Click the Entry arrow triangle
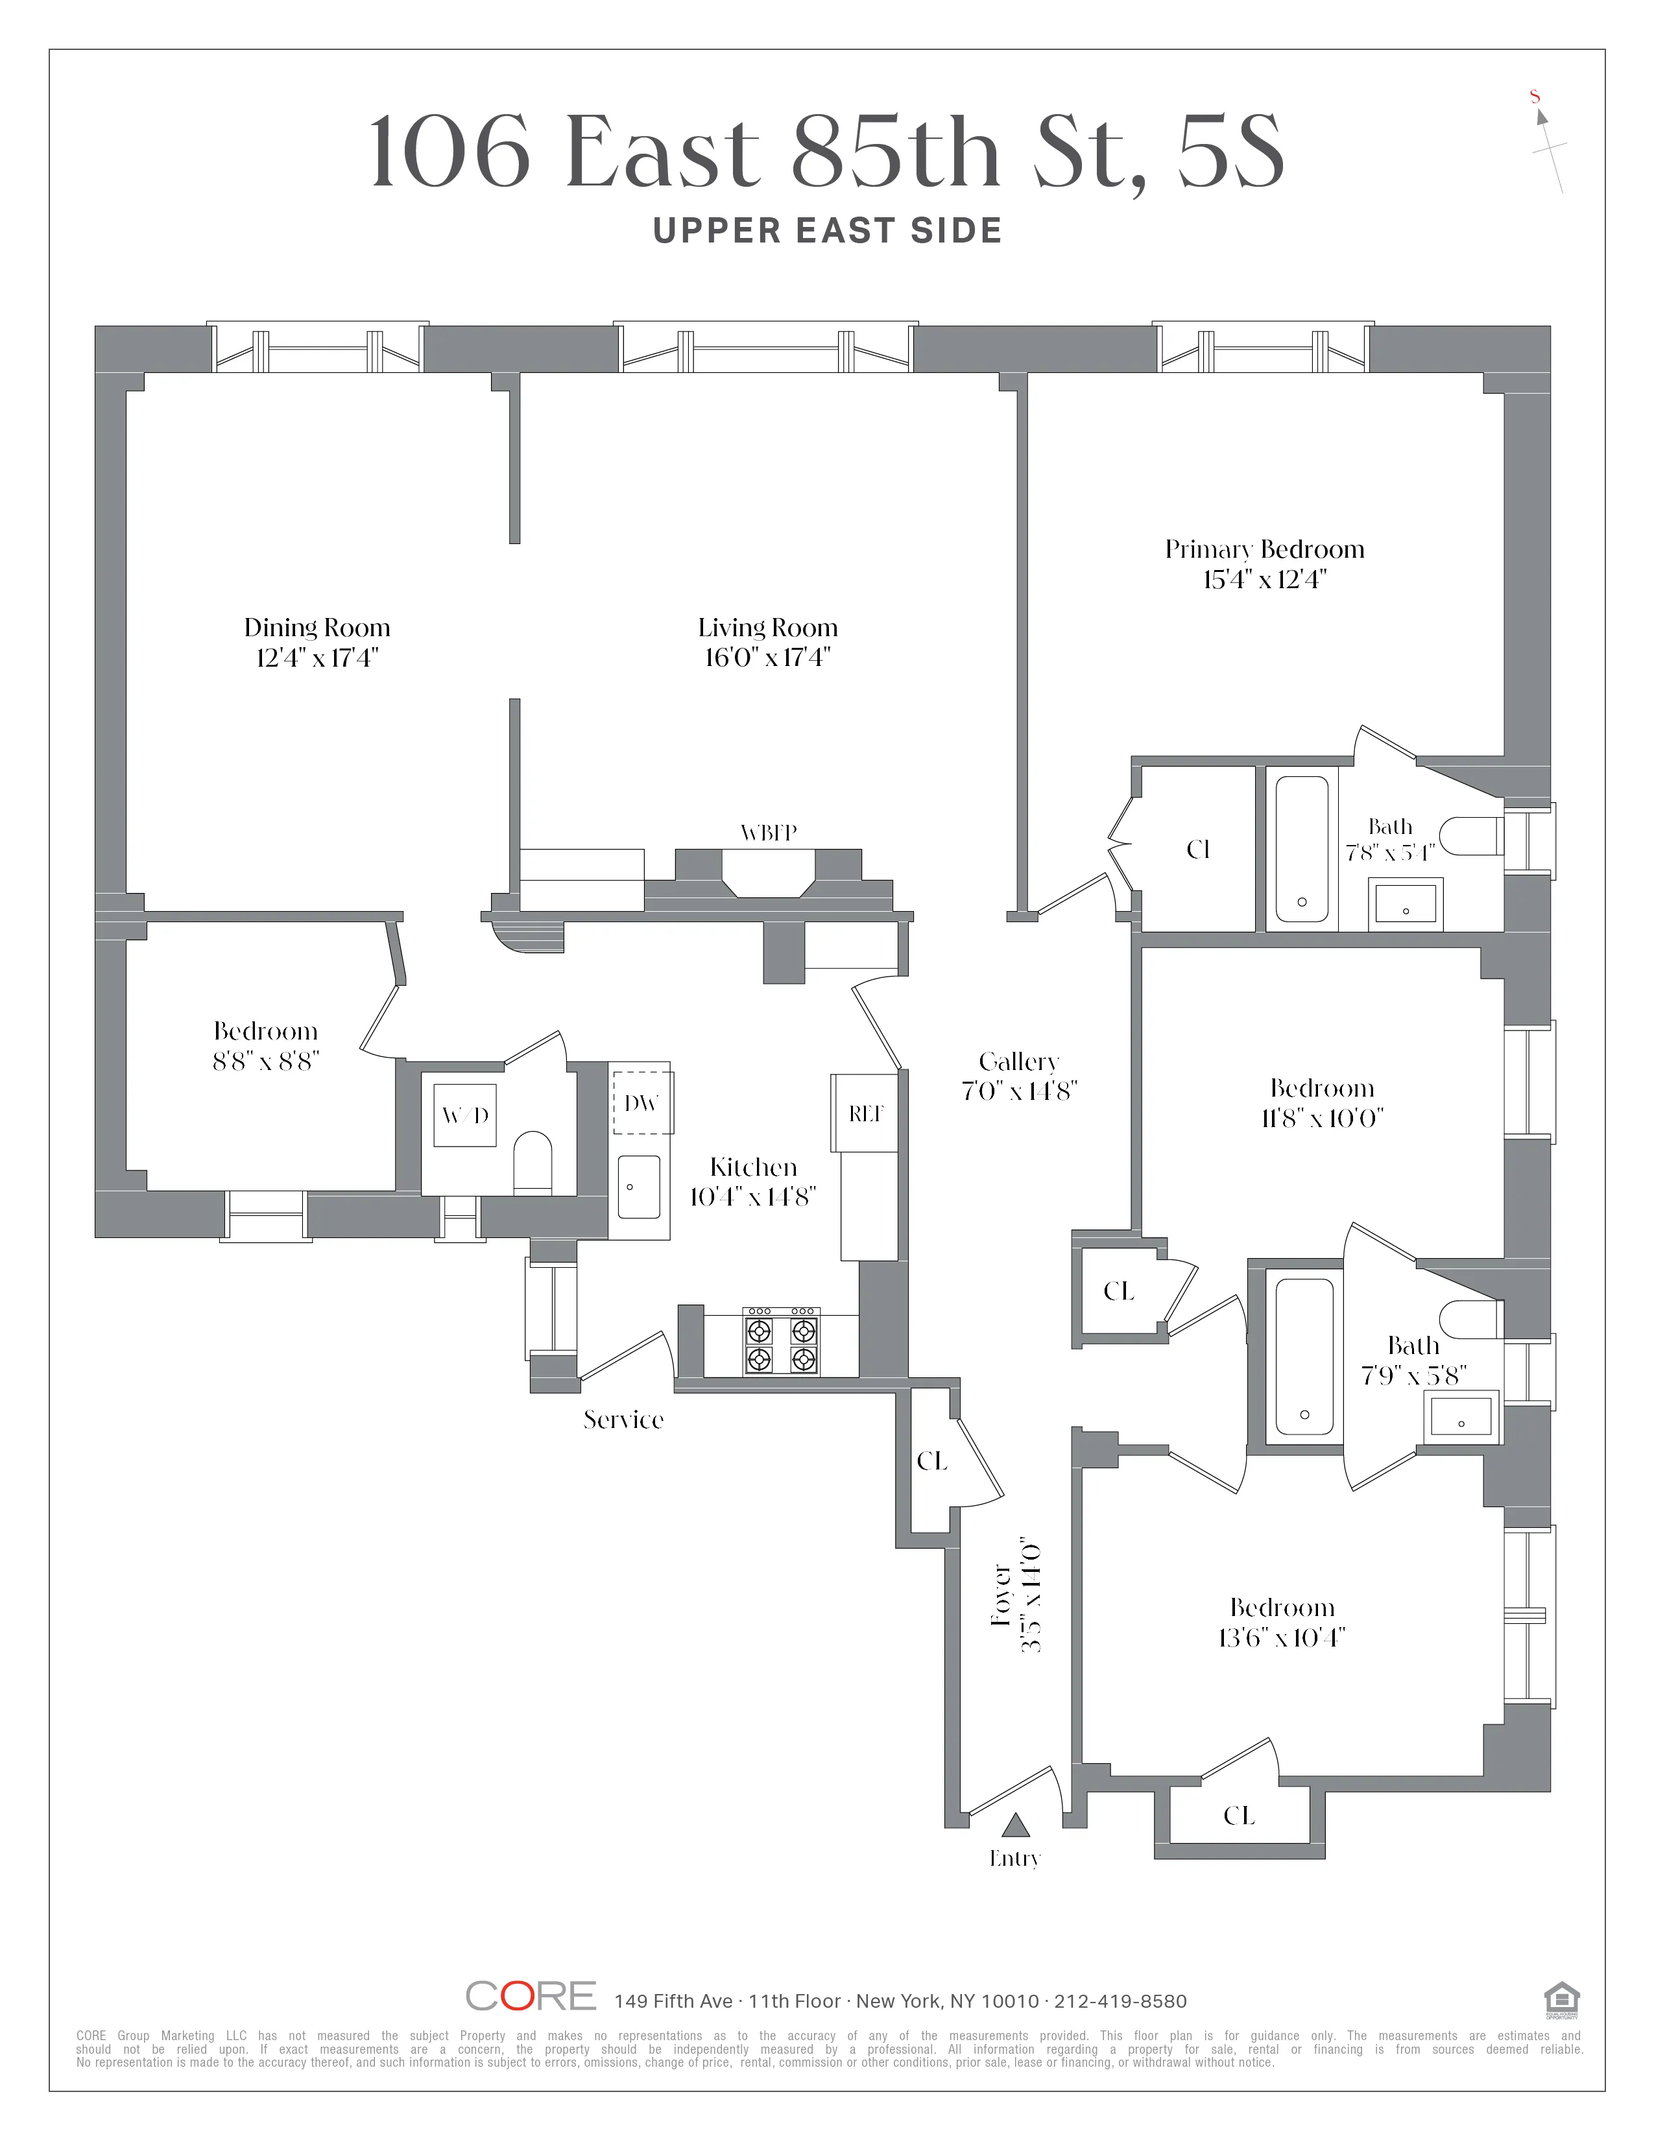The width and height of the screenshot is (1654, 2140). [x=1015, y=1824]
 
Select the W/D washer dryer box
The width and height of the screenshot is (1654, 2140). [x=466, y=1115]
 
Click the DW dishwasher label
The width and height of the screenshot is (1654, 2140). [x=641, y=1103]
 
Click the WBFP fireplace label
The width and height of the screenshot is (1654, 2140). [x=768, y=833]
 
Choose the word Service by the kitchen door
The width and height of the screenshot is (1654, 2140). [x=623, y=1420]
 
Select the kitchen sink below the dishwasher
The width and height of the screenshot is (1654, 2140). [x=639, y=1187]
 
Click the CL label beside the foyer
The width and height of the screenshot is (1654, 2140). [x=932, y=1461]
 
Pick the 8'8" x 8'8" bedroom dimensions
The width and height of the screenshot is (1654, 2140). [x=265, y=1061]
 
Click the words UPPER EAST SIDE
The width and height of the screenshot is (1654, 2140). [x=827, y=232]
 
